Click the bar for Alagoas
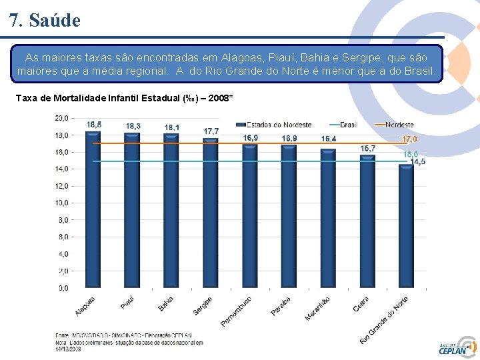pyautogui.click(x=93, y=210)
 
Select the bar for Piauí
pyautogui.click(x=133, y=211)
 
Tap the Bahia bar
pyautogui.click(x=171, y=211)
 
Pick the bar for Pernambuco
pyautogui.click(x=250, y=217)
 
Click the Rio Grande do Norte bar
pyautogui.click(x=406, y=227)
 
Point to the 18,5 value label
pyautogui.click(x=94, y=125)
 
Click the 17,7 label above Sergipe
pyautogui.click(x=212, y=131)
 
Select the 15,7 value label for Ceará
pyautogui.click(x=368, y=148)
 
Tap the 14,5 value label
pyautogui.click(x=418, y=162)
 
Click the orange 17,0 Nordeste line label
pyautogui.click(x=409, y=139)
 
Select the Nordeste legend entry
pyautogui.click(x=394, y=125)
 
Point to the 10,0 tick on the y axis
pyautogui.click(x=61, y=203)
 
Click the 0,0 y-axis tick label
pyautogui.click(x=62, y=288)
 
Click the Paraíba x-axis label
pyautogui.click(x=281, y=305)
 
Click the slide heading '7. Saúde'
pyautogui.click(x=45, y=21)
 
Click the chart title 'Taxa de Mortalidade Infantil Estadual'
pyautogui.click(x=123, y=99)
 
